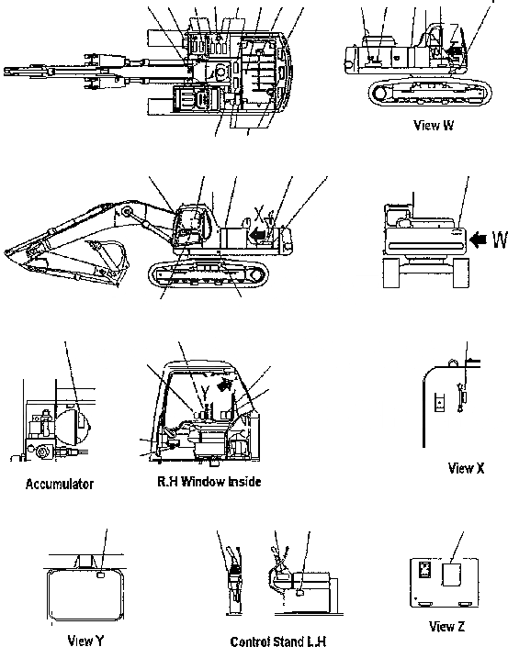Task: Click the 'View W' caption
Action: [x=433, y=126]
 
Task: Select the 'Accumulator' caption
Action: [x=60, y=483]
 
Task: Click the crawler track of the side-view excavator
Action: [x=207, y=273]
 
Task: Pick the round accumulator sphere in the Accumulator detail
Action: [x=70, y=423]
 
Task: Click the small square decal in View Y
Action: [x=99, y=576]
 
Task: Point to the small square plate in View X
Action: [x=440, y=401]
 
